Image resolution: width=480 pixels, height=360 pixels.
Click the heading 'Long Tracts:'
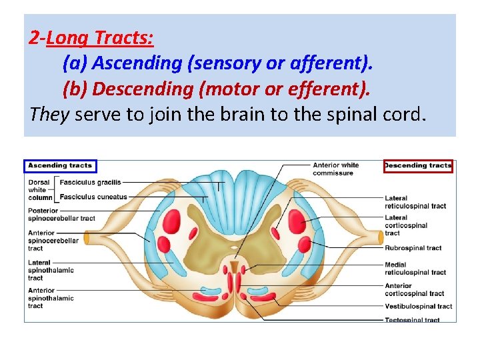coord(100,39)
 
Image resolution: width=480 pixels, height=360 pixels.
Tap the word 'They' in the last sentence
coord(49,114)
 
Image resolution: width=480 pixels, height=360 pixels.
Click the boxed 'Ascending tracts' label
coord(60,165)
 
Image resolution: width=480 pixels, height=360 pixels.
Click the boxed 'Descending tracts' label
coord(418,165)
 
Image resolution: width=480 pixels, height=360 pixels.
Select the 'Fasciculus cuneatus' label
coord(93,197)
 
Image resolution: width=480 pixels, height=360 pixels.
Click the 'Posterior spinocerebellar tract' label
coord(61,215)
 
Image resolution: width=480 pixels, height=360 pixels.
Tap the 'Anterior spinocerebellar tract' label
coord(53,241)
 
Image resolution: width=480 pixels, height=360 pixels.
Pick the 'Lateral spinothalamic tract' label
coord(51,270)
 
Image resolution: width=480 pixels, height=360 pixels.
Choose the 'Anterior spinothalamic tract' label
coord(51,299)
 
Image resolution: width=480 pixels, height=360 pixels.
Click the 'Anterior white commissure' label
coord(335,169)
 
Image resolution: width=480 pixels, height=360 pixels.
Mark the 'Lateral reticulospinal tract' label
coord(415,202)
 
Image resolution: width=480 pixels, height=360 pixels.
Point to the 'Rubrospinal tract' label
coord(413,248)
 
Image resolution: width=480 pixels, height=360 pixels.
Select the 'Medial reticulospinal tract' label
coord(415,269)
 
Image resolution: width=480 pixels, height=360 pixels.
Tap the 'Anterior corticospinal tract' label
coord(414,290)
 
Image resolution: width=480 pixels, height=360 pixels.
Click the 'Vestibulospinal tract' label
coord(418,307)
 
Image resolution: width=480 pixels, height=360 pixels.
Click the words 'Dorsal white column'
coord(39,189)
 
